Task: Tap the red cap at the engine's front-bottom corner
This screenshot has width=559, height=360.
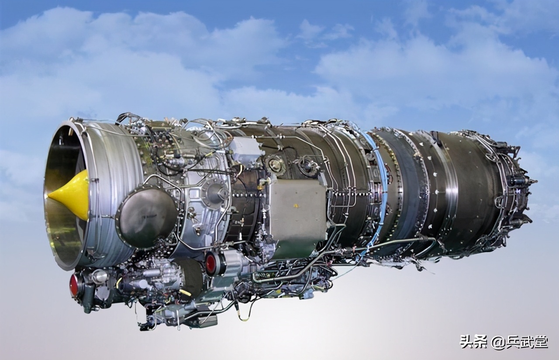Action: point(74,285)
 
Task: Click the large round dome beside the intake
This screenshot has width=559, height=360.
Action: point(147,218)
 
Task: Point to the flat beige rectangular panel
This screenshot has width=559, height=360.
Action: point(298,217)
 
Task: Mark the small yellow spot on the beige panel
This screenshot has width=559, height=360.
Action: point(296,206)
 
